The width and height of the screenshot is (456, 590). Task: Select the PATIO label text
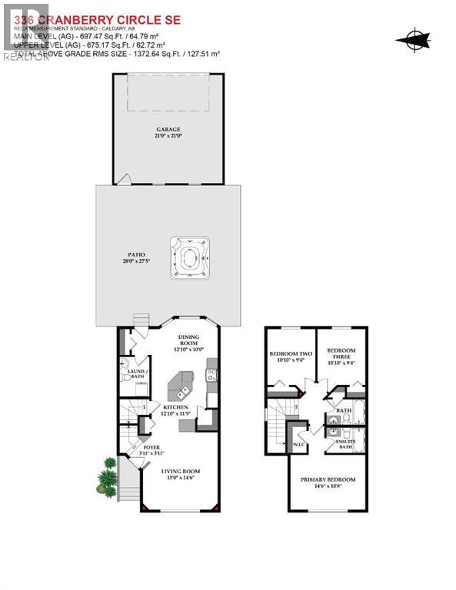click(x=136, y=254)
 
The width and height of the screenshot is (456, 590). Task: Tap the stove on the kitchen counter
click(x=211, y=376)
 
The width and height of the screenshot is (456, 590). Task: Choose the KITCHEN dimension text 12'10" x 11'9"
click(x=176, y=414)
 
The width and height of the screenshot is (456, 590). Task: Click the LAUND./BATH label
click(x=137, y=373)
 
